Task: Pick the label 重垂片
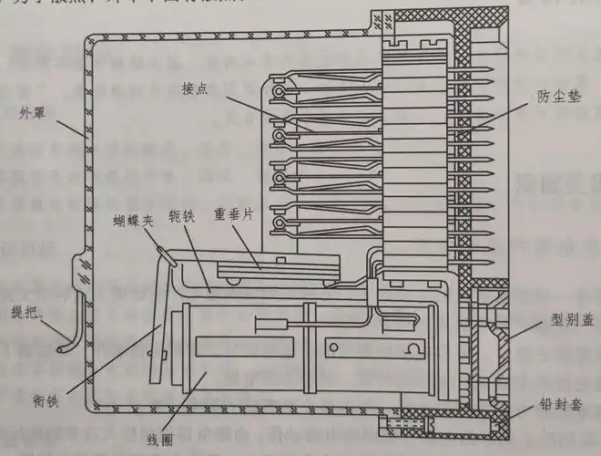pyautogui.click(x=234, y=216)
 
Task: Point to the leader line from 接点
pyautogui.click(x=264, y=111)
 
